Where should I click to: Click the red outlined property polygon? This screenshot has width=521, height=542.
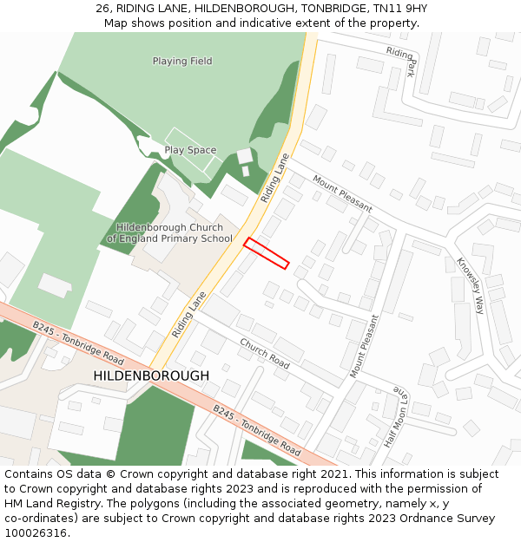tap(266, 252)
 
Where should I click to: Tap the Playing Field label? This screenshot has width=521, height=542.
tap(182, 62)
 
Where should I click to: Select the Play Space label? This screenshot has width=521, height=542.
tap(190, 150)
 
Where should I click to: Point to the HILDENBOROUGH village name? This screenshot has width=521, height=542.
tap(151, 375)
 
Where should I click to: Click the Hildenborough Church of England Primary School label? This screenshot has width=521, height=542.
tap(169, 233)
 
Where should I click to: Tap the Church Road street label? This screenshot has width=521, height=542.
tap(264, 353)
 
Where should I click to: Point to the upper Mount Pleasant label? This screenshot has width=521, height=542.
tap(342, 194)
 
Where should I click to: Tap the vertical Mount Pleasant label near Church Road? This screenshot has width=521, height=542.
tap(365, 346)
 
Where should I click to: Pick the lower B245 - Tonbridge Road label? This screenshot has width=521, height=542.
tap(257, 431)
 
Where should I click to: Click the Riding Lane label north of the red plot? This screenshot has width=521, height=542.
tap(274, 179)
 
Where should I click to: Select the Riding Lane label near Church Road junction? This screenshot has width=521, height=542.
tap(189, 314)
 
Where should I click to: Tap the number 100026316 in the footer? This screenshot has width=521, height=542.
tap(36, 532)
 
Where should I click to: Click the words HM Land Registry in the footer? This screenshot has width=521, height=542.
tap(45, 503)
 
